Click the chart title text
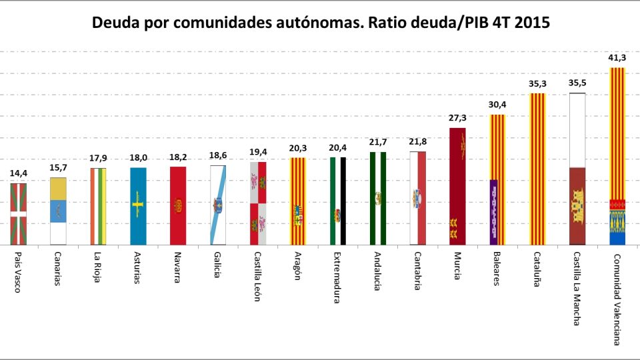pos(320,23)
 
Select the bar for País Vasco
pos(18,213)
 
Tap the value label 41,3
pos(617,58)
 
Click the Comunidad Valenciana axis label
pos(617,299)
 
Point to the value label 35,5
pos(577,83)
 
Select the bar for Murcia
pos(457,186)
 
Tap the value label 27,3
pos(457,118)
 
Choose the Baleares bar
pos(497,179)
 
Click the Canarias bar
pos(58,211)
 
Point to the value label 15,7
pos(58,167)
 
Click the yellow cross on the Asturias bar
pos(138,201)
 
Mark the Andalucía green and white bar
pos(377,198)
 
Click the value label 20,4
pos(338,147)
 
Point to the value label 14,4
pos(18,173)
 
